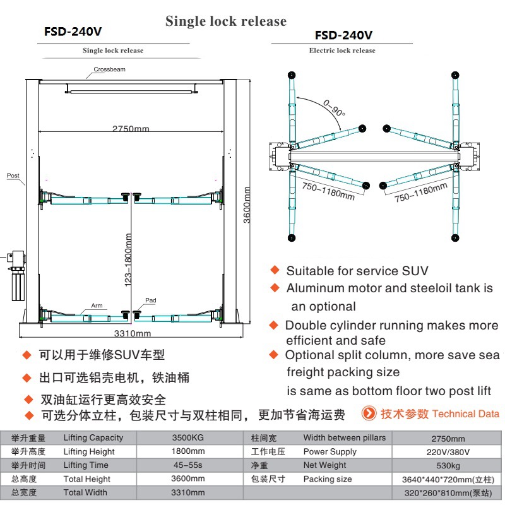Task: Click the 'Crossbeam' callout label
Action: tap(110, 69)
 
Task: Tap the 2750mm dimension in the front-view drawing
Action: tap(131, 129)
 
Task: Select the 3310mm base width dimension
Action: tap(132, 333)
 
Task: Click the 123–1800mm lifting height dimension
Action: tap(129, 260)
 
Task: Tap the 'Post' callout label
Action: tap(13, 176)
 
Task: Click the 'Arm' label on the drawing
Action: tap(97, 305)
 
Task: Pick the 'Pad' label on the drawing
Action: tap(150, 300)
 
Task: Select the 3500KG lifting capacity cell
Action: tap(188, 438)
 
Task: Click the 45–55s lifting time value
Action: tap(188, 465)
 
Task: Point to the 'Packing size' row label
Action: tap(328, 479)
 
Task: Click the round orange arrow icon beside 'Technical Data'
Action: tap(369, 413)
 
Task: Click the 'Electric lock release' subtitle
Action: tap(342, 50)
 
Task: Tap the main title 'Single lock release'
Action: tap(226, 21)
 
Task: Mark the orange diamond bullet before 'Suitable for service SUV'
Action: tap(275, 270)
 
